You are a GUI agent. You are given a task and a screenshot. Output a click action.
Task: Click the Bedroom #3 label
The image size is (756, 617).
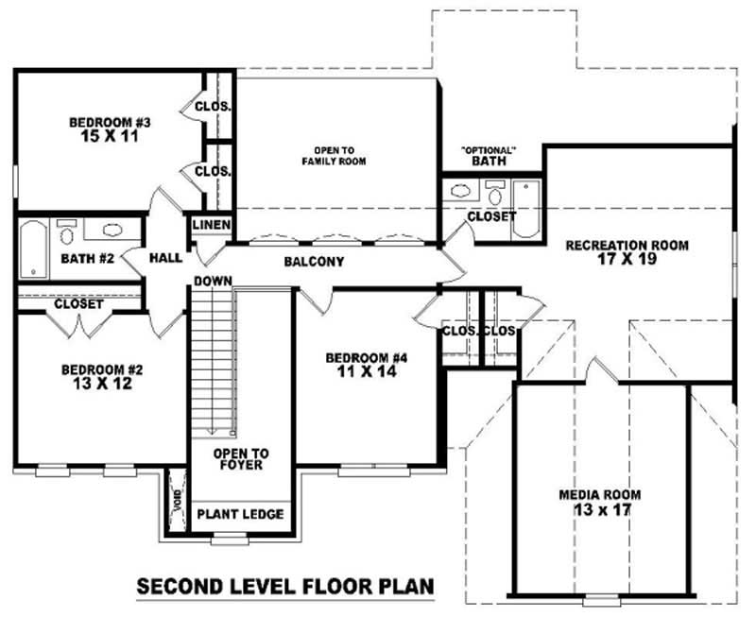click(111, 122)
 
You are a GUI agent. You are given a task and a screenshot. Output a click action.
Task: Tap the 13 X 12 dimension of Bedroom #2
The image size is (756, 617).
click(96, 385)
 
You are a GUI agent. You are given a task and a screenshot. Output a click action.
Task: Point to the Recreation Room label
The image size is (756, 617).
click(627, 246)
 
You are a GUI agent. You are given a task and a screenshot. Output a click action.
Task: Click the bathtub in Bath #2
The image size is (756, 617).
click(33, 249)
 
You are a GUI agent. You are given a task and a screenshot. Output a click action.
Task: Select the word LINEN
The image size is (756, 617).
click(208, 225)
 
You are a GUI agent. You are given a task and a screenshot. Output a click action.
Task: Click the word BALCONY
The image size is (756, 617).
click(313, 262)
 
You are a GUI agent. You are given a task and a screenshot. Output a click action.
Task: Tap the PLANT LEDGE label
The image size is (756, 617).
click(239, 515)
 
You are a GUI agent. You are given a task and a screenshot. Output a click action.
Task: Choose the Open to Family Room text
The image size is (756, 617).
click(334, 156)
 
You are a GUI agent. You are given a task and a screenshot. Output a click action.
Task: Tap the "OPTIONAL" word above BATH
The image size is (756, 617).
click(489, 150)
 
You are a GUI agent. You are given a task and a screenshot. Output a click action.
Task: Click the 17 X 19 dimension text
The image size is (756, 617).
click(627, 261)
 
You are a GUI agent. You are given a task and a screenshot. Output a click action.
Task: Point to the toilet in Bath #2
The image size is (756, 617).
click(66, 231)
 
